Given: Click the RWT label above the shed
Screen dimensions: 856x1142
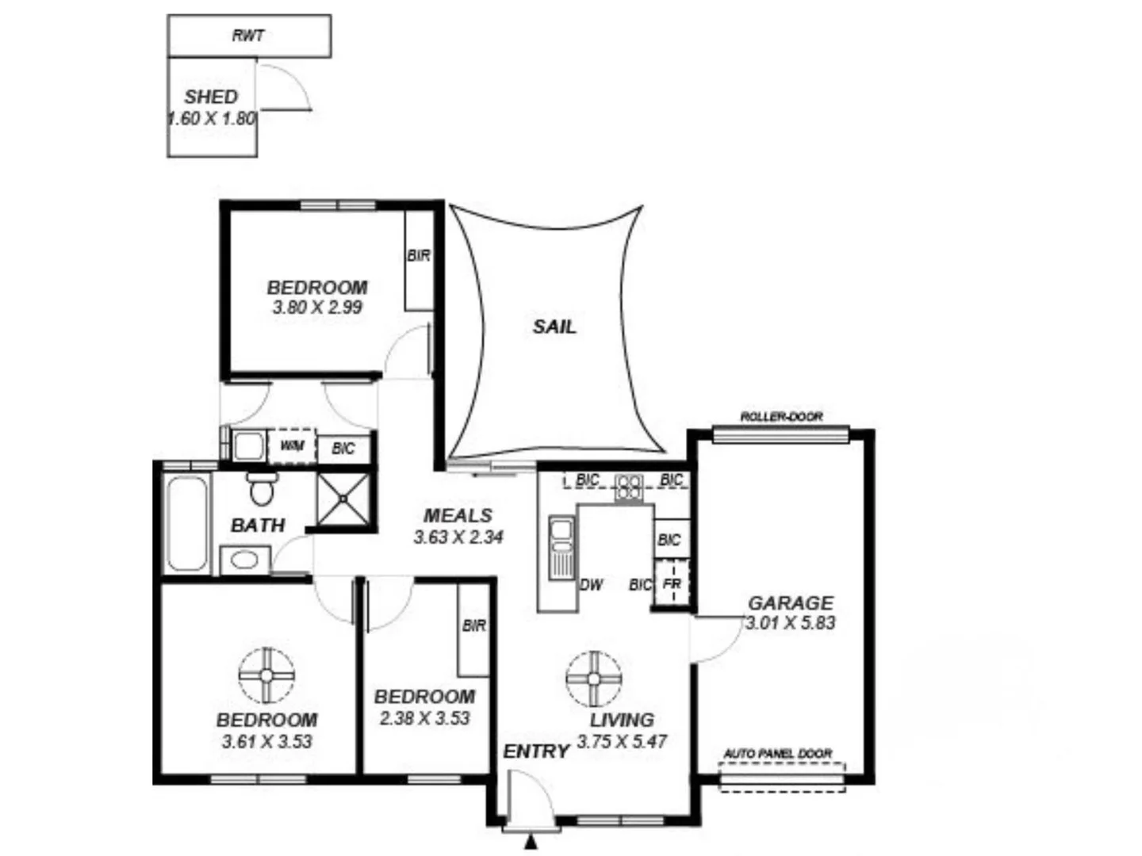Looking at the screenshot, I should point(248,36).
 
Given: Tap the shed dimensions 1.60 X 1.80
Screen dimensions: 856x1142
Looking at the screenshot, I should point(212,119).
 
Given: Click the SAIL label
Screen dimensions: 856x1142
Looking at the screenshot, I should point(554,326).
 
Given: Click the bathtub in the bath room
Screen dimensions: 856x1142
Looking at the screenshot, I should point(187,523).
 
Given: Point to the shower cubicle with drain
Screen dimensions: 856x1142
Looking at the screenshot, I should point(343,499).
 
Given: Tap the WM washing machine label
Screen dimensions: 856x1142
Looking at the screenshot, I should point(292,446).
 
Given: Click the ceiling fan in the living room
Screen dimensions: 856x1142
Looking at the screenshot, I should point(594,678).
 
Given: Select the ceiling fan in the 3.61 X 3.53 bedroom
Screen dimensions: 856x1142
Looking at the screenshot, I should point(266,674).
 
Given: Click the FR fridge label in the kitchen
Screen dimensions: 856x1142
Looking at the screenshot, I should point(672,585).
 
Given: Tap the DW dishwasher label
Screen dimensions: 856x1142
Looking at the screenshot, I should point(592,585).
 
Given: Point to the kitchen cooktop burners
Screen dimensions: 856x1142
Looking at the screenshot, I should point(630,487).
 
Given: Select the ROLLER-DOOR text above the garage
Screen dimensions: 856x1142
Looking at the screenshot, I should point(781,417).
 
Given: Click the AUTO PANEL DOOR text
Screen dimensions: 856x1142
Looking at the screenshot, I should point(778,754).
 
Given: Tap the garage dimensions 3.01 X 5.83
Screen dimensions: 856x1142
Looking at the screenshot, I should point(791,623).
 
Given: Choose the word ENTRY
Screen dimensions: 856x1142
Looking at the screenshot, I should point(536,751).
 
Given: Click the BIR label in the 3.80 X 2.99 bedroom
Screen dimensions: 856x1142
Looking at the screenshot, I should point(419,256).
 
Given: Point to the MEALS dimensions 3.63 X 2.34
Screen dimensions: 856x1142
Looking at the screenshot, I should point(458,537).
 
